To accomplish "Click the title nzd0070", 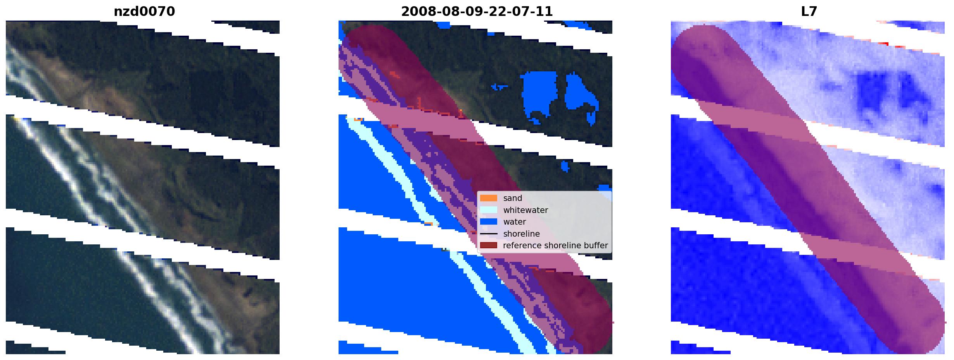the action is (x=144, y=12).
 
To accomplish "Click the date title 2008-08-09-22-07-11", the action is (x=477, y=12).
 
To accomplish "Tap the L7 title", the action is (x=809, y=12).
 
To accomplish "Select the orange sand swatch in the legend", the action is (x=489, y=198).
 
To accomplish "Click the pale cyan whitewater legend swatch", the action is (x=489, y=210).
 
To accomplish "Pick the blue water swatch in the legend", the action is (x=489, y=222).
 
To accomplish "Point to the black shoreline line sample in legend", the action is (x=489, y=234).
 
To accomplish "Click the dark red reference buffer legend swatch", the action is (x=489, y=246).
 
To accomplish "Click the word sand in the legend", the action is (x=513, y=198).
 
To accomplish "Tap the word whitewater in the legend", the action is (x=525, y=210).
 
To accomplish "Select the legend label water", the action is (x=515, y=222).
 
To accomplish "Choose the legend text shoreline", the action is (x=522, y=234).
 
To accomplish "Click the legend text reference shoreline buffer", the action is (x=555, y=246).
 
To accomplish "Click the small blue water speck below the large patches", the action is (x=565, y=166).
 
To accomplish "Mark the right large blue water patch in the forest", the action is (x=581, y=97).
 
